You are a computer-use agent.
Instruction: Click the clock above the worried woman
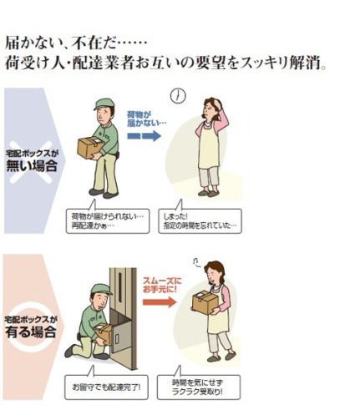point(178,96)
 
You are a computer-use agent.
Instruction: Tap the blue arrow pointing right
point(145,136)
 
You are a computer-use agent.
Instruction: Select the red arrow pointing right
point(160,301)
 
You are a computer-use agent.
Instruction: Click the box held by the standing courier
point(89,148)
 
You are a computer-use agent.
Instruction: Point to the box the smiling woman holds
point(205,301)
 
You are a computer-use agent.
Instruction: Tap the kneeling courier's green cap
point(101,290)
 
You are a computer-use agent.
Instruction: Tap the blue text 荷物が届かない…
point(146,119)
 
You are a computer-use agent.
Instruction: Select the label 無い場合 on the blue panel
point(32,166)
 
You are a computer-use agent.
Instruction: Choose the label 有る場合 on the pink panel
point(31,332)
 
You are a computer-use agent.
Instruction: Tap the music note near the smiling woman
point(197,261)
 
